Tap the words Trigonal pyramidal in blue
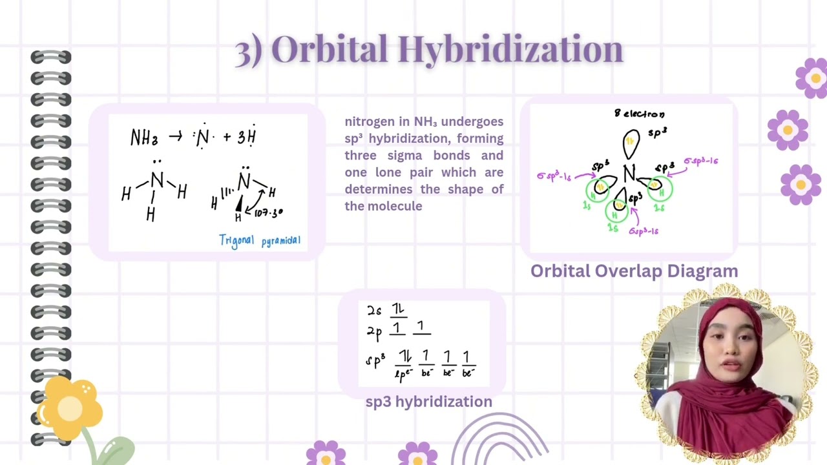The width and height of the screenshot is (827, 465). [x=260, y=241]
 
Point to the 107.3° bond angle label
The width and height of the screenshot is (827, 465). [x=268, y=212]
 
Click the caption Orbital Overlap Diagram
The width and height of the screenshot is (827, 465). [x=634, y=271]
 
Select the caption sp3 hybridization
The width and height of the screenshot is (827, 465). [x=428, y=402]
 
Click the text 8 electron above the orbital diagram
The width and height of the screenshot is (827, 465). [x=639, y=114]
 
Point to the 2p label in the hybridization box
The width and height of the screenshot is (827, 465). [x=374, y=332]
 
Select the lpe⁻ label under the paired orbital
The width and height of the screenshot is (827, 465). [x=403, y=374]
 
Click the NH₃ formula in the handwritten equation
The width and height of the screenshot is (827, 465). [x=144, y=138]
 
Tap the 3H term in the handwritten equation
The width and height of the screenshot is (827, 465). [x=247, y=136]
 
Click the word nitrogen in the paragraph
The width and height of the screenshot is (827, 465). [x=368, y=121]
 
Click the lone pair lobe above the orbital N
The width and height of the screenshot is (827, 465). [x=631, y=143]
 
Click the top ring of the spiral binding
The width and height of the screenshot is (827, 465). [x=50, y=57]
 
